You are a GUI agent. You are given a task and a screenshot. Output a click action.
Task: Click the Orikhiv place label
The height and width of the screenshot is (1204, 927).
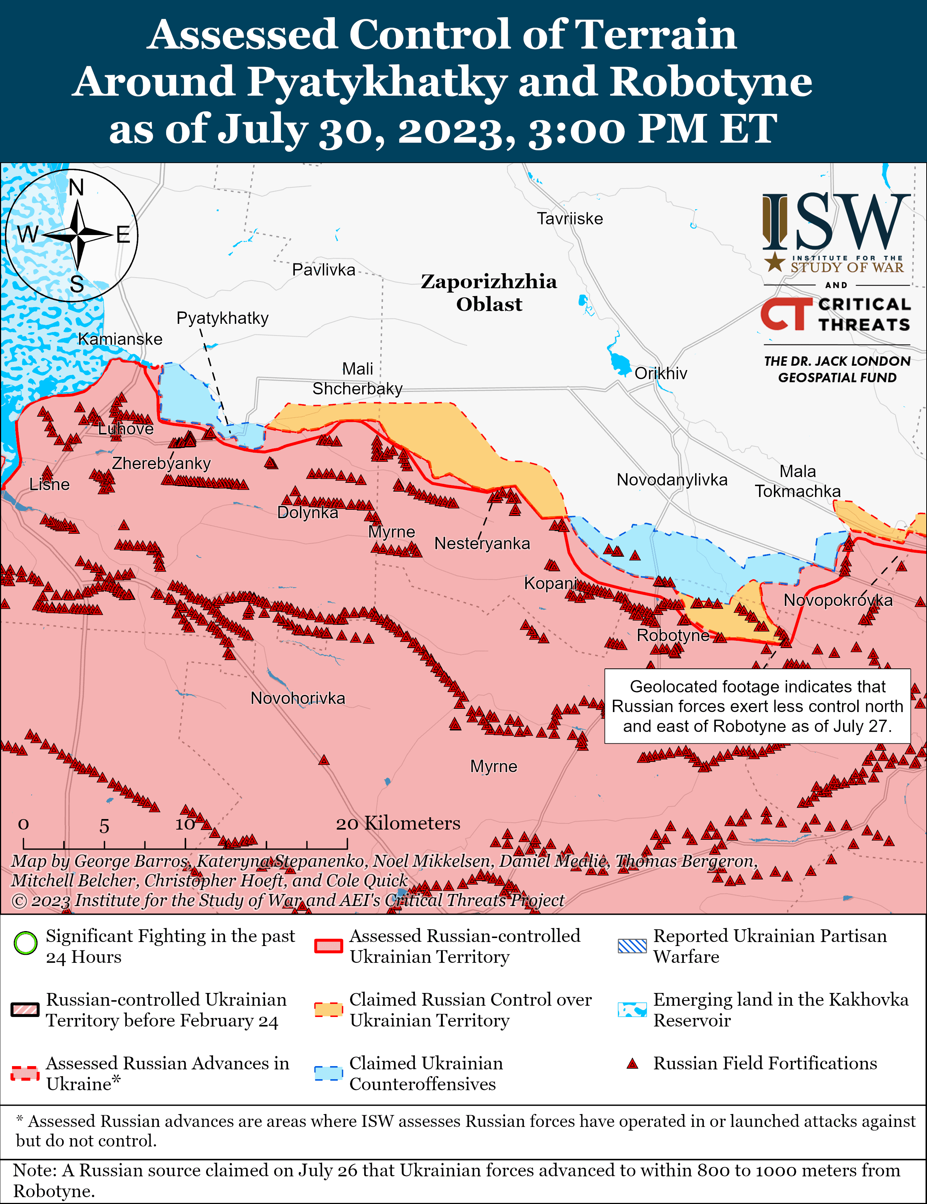(x=661, y=373)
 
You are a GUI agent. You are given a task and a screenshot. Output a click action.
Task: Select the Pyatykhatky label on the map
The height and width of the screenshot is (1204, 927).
(x=222, y=318)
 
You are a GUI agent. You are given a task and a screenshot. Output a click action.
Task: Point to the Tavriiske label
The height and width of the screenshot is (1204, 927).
(x=570, y=219)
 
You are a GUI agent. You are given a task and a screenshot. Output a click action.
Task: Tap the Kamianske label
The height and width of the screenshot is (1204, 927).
(x=120, y=339)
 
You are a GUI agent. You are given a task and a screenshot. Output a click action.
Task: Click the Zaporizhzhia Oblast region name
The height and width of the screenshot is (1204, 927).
(x=489, y=293)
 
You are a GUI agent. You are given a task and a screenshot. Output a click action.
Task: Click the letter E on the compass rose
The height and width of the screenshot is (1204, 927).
(x=123, y=235)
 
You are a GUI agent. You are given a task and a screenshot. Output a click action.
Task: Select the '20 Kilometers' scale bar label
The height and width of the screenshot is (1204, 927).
(x=398, y=823)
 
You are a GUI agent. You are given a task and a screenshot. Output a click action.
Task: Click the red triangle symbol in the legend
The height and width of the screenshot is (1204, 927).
(x=632, y=1064)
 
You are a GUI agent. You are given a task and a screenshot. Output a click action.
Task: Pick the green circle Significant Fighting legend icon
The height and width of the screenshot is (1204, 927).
(x=25, y=943)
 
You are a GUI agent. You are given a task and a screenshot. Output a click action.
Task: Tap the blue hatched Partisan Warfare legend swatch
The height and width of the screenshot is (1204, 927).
(x=632, y=946)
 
